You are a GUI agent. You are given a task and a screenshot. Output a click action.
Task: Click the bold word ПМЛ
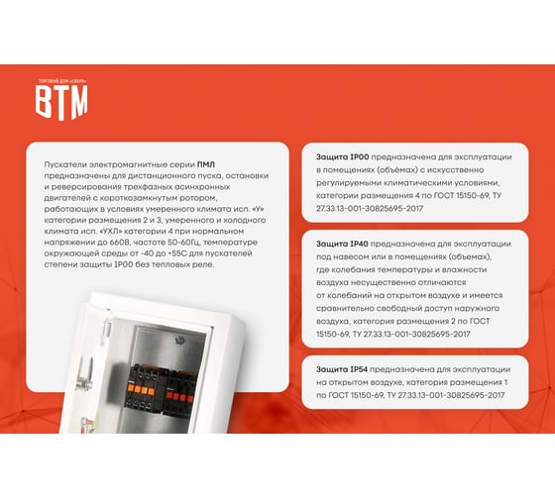[206, 164]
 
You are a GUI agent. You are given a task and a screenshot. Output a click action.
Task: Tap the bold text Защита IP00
[342, 157]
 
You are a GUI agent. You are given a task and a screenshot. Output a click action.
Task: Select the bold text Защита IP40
[342, 244]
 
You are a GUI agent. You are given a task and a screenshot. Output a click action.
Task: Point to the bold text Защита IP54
[342, 369]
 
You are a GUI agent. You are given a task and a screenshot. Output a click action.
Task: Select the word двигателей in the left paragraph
[67, 198]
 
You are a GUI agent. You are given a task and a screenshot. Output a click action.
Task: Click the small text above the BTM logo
[61, 82]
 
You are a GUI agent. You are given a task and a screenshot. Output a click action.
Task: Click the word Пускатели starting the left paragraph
[65, 164]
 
